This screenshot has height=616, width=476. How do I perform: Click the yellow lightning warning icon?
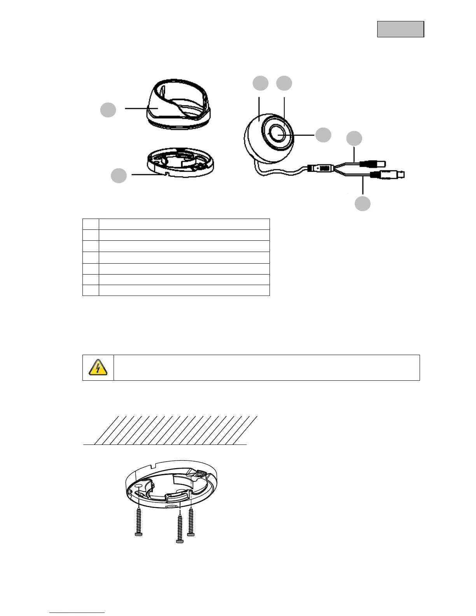(x=98, y=367)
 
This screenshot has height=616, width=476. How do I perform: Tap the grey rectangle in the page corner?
(x=400, y=29)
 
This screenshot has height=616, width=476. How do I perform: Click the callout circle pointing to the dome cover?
(x=108, y=110)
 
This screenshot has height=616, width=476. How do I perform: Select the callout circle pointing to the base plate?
(x=119, y=175)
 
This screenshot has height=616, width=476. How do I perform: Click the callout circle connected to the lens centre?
(x=323, y=135)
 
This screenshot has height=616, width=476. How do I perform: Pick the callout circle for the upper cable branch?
(x=354, y=138)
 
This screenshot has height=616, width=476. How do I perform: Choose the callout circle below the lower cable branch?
(x=362, y=203)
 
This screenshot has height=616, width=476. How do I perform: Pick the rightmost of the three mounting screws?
(x=191, y=521)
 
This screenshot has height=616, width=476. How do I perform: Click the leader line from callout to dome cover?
(x=136, y=108)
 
